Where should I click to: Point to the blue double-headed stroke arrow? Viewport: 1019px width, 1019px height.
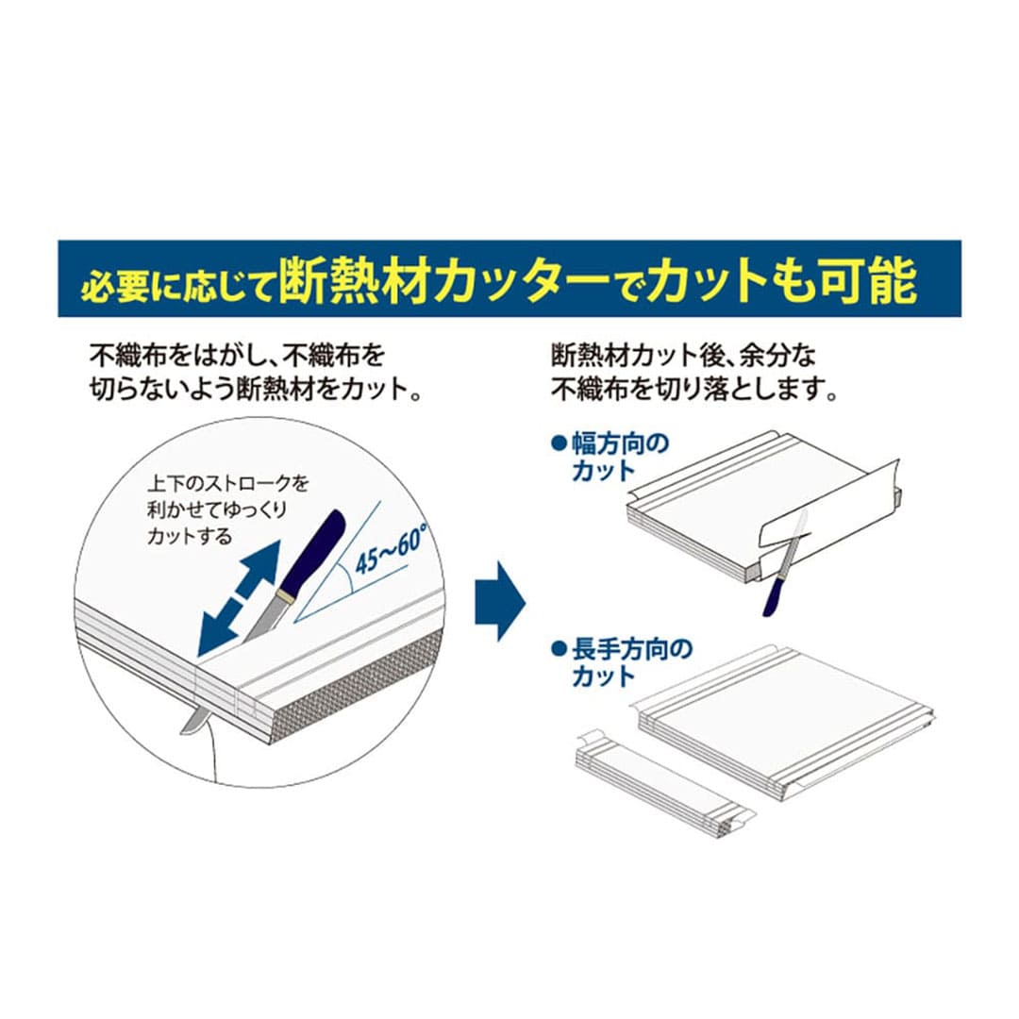pyautogui.click(x=239, y=598)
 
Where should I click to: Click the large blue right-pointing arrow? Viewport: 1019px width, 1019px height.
pyautogui.click(x=500, y=601)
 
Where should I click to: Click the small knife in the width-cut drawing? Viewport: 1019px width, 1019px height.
pyautogui.click(x=784, y=562)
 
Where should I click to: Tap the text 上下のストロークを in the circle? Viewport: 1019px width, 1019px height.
pyautogui.click(x=228, y=483)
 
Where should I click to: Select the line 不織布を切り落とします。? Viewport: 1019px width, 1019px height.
pyautogui.click(x=694, y=390)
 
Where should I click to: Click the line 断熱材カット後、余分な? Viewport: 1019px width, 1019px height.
pyautogui.click(x=683, y=356)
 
